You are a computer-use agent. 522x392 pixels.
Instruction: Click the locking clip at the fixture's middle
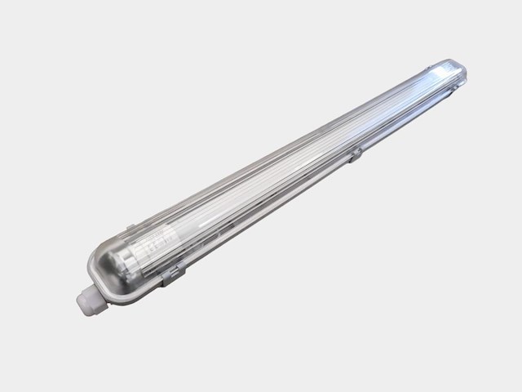356,152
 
